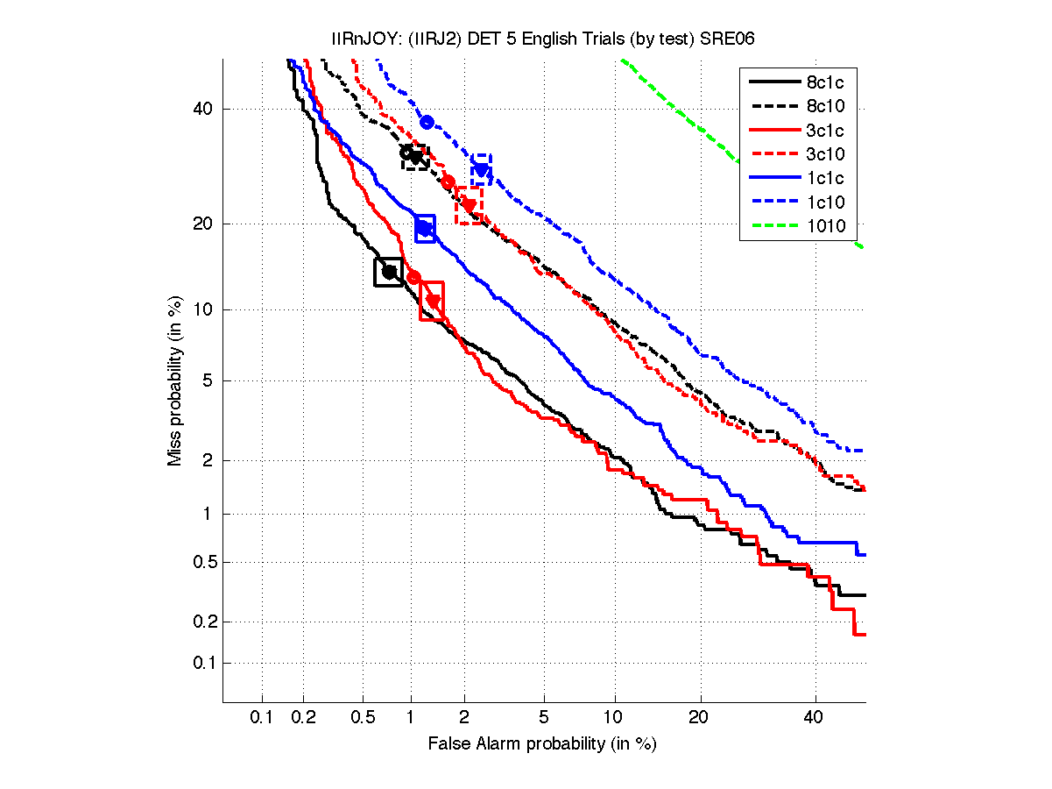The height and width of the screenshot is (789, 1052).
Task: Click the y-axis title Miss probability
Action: tap(175, 380)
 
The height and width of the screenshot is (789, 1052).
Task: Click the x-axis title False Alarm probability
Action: tap(542, 744)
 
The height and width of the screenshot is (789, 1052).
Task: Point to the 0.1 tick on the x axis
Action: tap(262, 718)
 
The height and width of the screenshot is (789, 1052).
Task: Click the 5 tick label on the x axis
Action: tap(544, 718)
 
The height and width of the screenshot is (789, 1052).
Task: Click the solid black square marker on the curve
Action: tap(388, 272)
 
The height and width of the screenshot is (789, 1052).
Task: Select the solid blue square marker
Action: tap(425, 228)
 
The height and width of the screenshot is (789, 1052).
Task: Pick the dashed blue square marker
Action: tap(481, 169)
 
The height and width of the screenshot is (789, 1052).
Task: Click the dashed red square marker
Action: tap(469, 205)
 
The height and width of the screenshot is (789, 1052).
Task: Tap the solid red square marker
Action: tap(432, 301)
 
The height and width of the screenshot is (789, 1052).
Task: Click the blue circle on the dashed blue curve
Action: tap(427, 122)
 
